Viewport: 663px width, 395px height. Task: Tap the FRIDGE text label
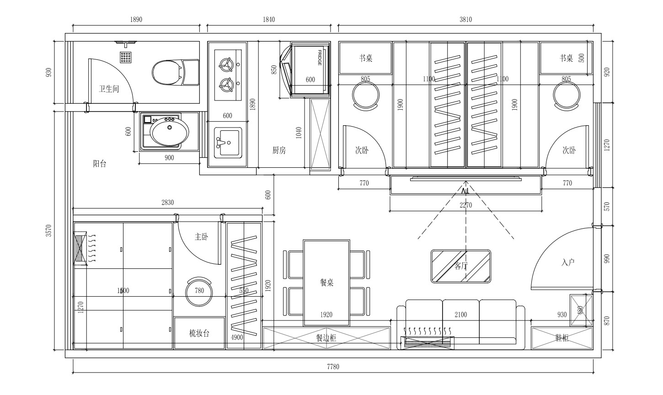pos(320,58)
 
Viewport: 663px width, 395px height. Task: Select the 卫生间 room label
pos(109,89)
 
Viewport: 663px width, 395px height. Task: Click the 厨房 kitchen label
pos(279,150)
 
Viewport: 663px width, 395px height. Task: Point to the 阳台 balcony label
pos(100,164)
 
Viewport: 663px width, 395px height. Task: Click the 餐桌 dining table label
pos(327,282)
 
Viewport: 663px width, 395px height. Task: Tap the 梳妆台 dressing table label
pos(199,333)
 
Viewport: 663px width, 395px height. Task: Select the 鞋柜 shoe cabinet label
pos(562,337)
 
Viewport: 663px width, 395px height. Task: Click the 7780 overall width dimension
pos(333,367)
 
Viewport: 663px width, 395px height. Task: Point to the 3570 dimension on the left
pos(49,230)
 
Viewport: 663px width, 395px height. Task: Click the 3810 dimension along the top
pos(465,20)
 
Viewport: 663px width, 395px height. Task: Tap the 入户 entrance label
pos(568,262)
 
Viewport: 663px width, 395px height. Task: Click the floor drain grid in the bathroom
pos(125,58)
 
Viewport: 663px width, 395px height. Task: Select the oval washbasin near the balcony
pos(169,132)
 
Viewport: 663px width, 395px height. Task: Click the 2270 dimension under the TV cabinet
pos(465,205)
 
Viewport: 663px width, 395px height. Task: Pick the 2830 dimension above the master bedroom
pos(167,203)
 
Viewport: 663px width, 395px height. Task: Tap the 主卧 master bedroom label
pos(201,237)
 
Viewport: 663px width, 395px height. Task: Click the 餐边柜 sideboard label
pos(326,337)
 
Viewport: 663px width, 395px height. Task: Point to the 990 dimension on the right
pos(607,259)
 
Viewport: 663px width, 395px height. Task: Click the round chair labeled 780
pos(199,291)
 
